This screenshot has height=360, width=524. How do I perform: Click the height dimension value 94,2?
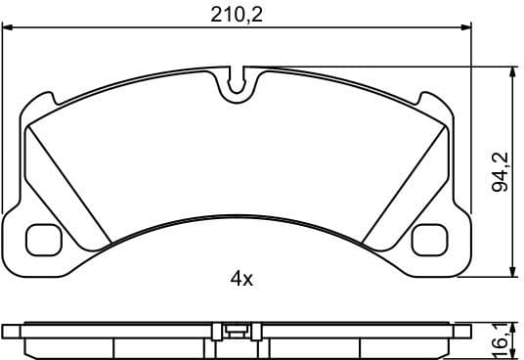click(502, 172)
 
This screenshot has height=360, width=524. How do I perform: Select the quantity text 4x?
click(241, 280)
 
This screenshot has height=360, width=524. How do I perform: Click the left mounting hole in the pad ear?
click(42, 238)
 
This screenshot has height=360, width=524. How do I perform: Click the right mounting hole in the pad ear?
click(430, 238)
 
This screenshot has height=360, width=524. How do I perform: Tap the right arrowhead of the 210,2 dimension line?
click(466, 30)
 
